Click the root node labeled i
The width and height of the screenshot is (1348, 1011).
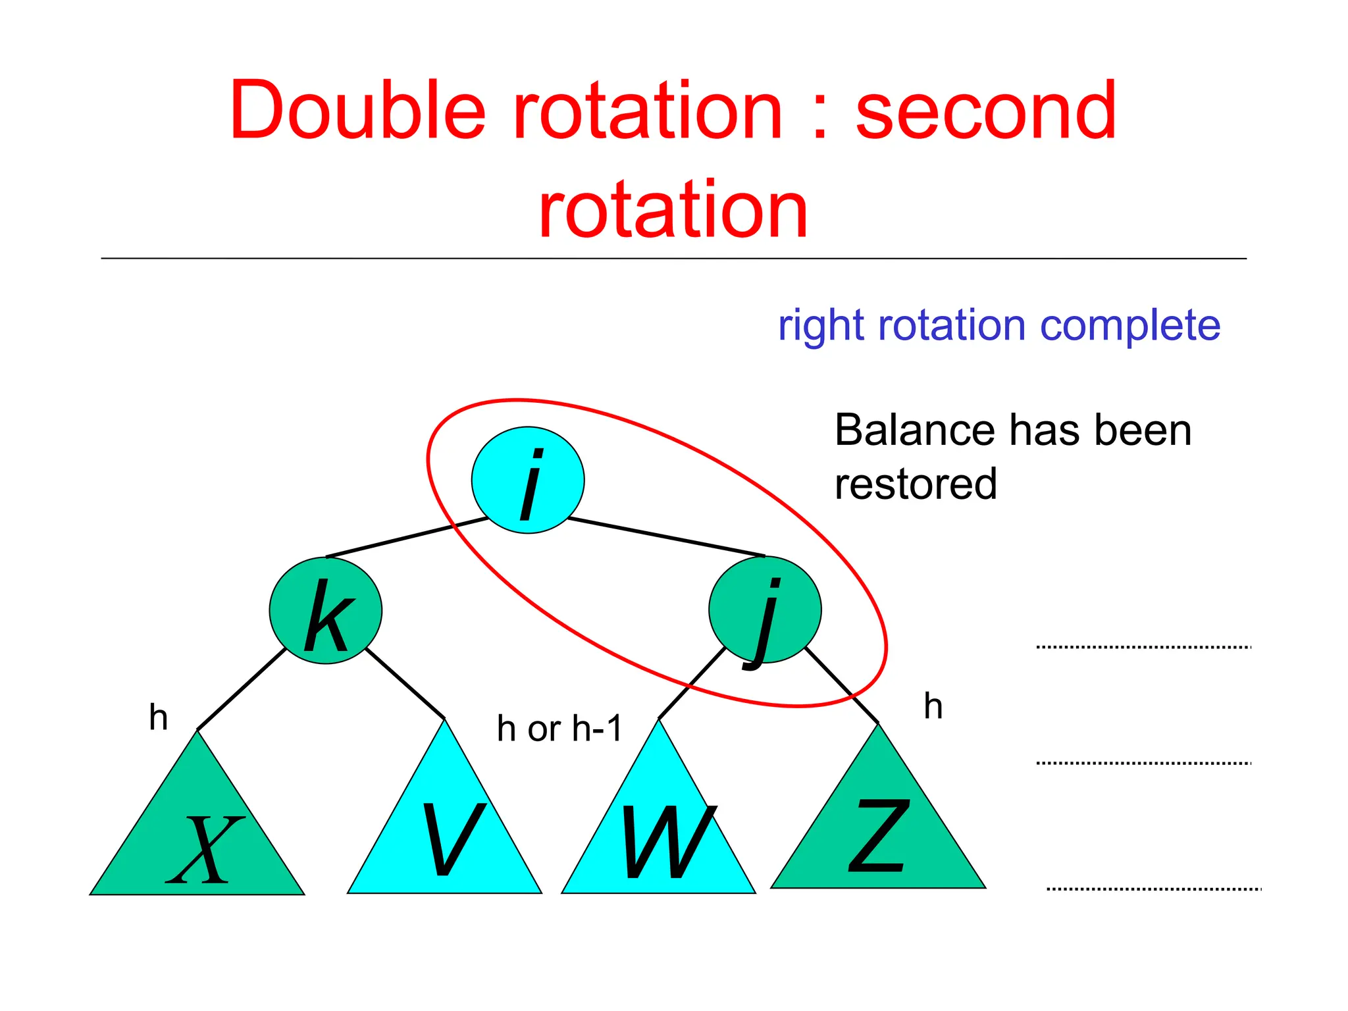(527, 480)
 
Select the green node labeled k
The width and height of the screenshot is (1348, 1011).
(325, 610)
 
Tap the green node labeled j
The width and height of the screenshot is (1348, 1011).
(765, 609)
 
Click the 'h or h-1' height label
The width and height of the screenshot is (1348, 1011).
(559, 729)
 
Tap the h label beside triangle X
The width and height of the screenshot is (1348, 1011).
(159, 717)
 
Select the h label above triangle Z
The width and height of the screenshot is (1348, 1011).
(933, 706)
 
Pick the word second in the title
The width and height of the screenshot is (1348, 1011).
(985, 110)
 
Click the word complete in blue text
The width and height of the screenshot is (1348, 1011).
(1130, 325)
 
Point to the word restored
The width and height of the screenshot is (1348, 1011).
(916, 484)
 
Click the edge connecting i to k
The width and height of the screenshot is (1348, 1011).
(407, 537)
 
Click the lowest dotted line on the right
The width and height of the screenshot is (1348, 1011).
(1153, 889)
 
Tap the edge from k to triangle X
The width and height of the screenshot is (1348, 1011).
(241, 689)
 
